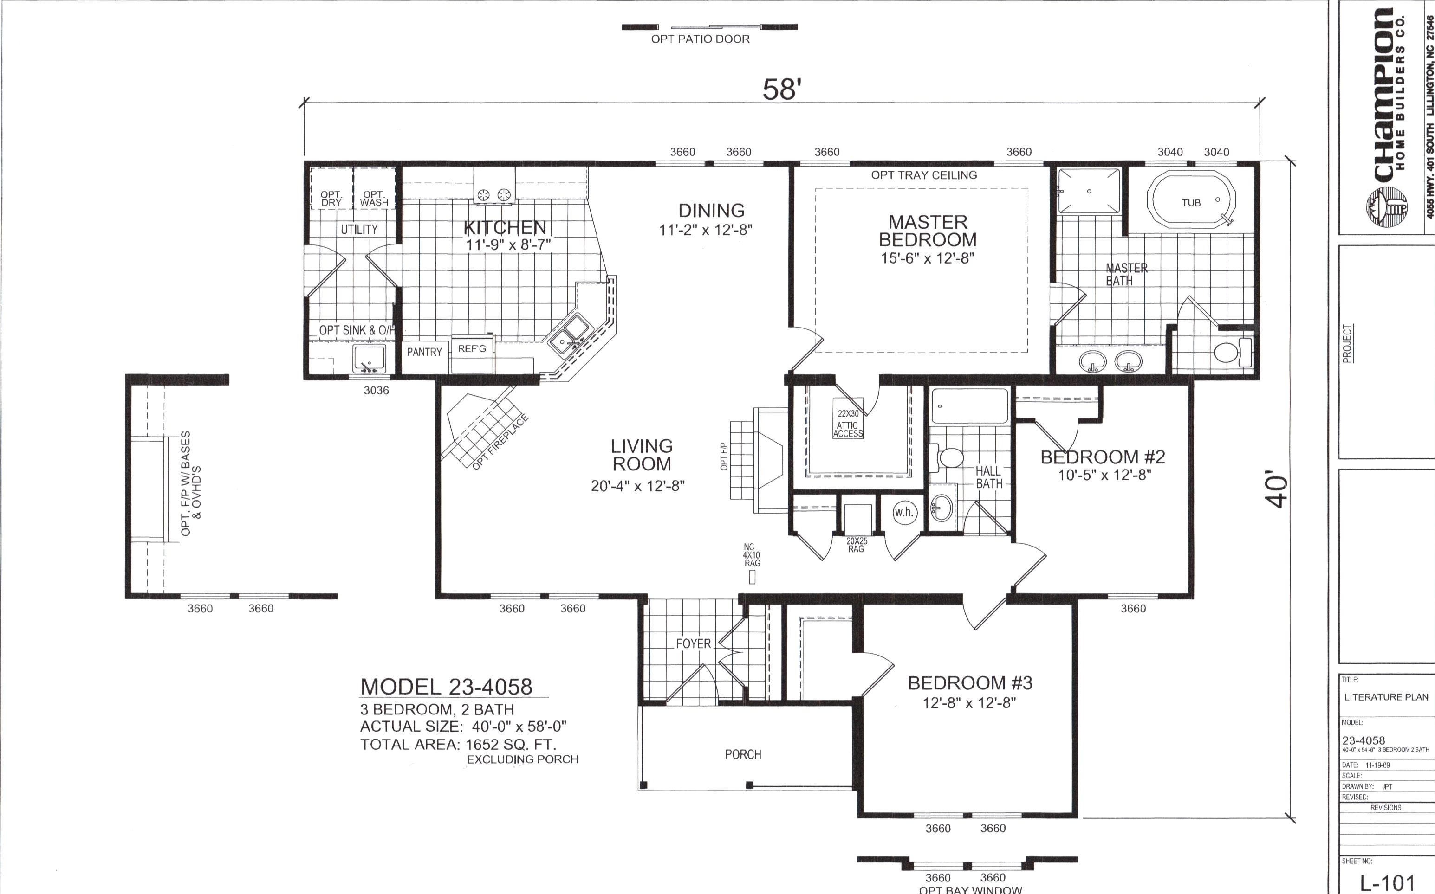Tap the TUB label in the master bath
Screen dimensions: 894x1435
click(x=1191, y=203)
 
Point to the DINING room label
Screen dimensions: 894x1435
click(x=711, y=211)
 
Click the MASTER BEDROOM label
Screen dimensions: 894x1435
click(x=927, y=231)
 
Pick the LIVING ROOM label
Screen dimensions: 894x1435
click(x=641, y=455)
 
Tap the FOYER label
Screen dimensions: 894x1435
click(x=693, y=643)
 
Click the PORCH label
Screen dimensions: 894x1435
click(x=743, y=754)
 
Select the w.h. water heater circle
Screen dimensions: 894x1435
click(x=903, y=512)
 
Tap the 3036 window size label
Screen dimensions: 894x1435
click(x=376, y=390)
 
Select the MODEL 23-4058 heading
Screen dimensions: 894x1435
click(x=446, y=687)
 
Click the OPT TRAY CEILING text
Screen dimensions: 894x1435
click(x=923, y=175)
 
